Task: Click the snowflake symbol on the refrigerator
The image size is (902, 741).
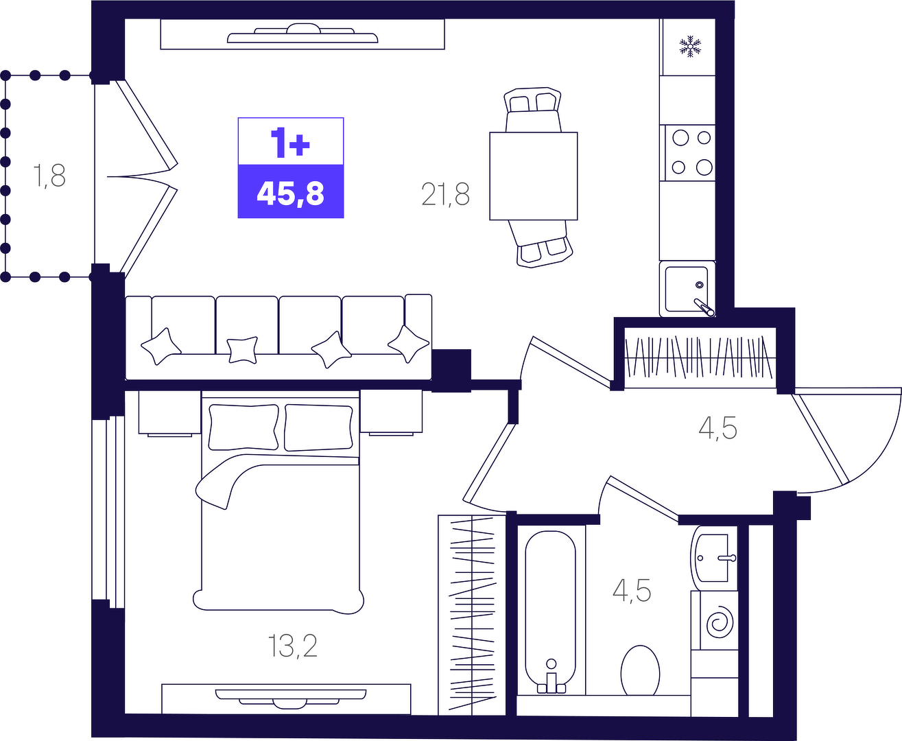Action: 690,47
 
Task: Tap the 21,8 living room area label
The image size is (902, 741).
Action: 445,194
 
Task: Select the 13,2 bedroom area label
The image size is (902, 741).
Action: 292,646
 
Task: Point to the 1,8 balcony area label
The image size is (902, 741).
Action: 49,176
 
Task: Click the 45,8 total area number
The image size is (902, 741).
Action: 290,193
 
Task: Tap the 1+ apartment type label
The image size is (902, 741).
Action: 290,142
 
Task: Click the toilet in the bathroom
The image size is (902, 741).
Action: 640,671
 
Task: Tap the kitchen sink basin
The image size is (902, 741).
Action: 687,290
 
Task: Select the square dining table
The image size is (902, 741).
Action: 534,176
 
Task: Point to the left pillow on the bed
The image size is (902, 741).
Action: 244,427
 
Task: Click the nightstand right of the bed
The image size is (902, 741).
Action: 391,412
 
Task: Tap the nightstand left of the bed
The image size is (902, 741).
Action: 170,413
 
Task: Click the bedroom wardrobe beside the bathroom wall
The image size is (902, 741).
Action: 472,615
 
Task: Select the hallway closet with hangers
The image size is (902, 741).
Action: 700,357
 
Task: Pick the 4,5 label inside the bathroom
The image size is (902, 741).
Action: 632,591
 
